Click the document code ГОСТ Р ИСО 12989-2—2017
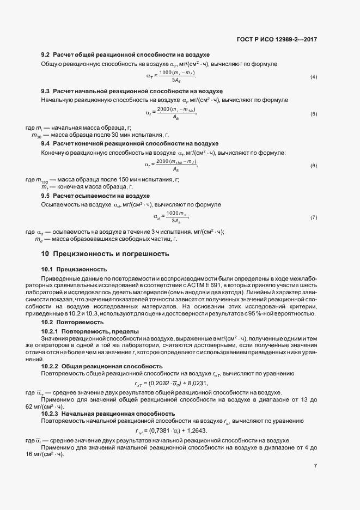[x=278, y=39]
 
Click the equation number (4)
[x=314, y=76]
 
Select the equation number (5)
[x=314, y=113]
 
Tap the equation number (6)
[x=314, y=165]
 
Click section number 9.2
[x=46, y=56]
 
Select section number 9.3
[x=46, y=90]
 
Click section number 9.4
[x=46, y=143]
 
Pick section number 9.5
[x=46, y=195]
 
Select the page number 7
[x=316, y=466]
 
